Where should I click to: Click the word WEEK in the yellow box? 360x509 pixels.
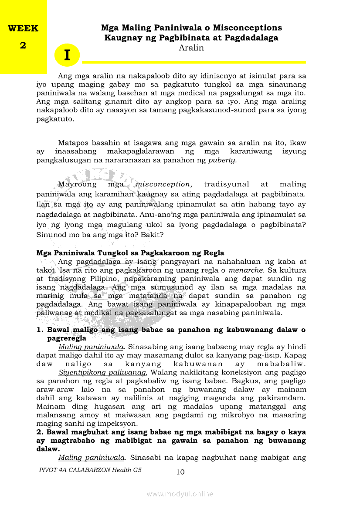pos(23,29)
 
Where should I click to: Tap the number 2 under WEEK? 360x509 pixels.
pos(23,45)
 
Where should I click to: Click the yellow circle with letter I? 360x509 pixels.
pos(67,55)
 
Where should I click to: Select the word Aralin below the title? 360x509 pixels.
pos(191,48)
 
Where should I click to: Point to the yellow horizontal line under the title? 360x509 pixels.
pos(194,62)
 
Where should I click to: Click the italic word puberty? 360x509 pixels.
pos(222,160)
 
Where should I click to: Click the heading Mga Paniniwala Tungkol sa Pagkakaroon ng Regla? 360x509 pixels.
pos(130,253)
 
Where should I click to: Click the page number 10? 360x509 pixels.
pos(180,472)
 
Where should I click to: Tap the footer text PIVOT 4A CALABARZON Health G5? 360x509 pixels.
pos(90,470)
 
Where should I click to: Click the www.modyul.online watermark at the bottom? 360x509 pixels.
pos(180,494)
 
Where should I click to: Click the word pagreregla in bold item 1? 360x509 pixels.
pos(67,338)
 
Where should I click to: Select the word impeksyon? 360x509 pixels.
pos(116,423)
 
